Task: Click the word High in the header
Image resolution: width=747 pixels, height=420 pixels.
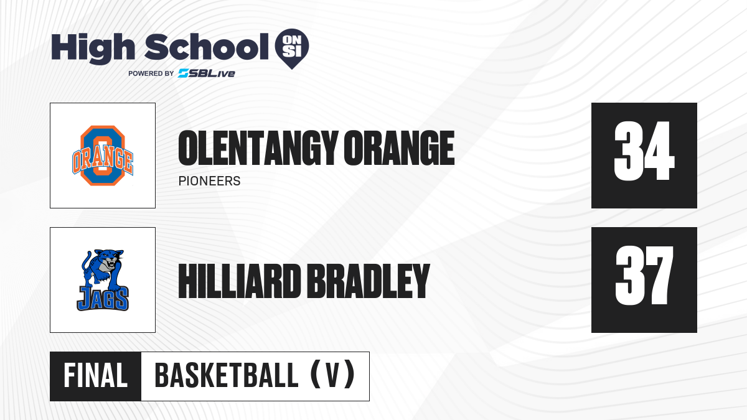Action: coord(93,49)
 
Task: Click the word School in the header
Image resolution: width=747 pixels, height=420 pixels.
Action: coord(207,47)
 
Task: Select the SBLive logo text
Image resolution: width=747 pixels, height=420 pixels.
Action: coord(206,73)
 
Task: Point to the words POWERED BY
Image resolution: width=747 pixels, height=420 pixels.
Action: coord(151,73)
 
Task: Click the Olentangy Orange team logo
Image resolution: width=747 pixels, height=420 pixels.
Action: coord(103,156)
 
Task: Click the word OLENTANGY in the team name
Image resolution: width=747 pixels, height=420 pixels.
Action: coord(258,148)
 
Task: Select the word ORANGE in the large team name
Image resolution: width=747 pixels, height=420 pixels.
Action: coord(399,148)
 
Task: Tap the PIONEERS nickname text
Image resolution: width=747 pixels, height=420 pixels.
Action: coord(209,181)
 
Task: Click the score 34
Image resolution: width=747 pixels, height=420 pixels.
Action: coord(644,151)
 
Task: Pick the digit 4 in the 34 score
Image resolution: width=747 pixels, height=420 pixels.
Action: coord(660,151)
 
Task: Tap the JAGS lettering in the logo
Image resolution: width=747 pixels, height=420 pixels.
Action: coord(103,299)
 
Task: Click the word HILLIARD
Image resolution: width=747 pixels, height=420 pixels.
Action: coord(240,281)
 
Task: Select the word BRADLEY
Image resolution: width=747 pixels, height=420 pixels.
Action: coord(368,281)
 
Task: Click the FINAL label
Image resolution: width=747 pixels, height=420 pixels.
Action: coord(95,376)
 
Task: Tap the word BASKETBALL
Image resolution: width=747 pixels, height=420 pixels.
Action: coord(227,376)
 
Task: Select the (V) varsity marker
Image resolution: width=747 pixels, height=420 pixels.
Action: coord(332,375)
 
